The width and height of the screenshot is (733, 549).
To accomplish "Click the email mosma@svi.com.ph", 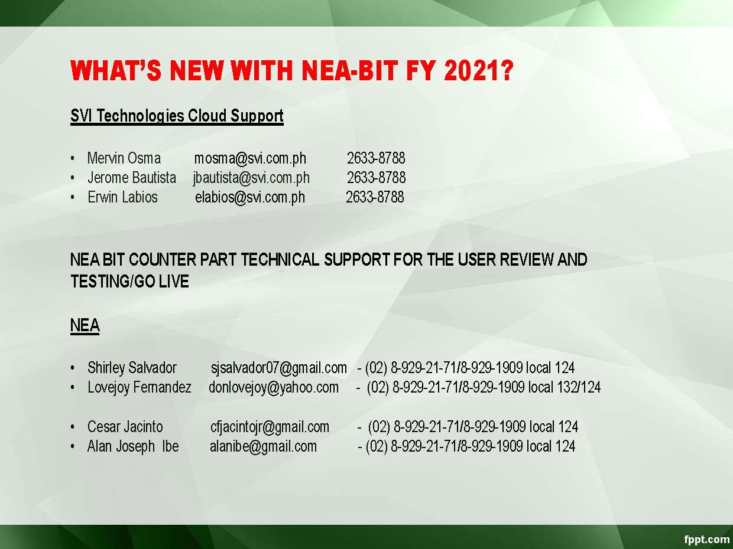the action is pos(250,159).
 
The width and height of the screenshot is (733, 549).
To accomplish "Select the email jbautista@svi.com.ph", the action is pos(251,178).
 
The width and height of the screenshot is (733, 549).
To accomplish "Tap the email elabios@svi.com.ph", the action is pos(250,198).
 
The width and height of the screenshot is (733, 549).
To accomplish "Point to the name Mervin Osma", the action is pos(124,158).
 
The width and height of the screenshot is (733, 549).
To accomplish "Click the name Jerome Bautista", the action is pos(132,178).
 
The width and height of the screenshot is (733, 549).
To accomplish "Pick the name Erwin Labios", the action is pos(122,197).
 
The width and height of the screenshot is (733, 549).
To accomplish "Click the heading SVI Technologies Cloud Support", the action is pos(177,116).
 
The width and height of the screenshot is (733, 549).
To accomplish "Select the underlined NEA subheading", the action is pos(85,325).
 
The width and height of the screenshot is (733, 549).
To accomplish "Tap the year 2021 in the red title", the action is pos(479,70).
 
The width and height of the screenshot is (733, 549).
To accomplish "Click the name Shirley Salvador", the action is pos(132,368).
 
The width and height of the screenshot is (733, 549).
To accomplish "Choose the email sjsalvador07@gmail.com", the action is pos(279,368).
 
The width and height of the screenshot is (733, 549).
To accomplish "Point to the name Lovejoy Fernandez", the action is pos(140,388).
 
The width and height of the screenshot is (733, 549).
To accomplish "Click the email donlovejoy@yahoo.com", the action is pos(274,388).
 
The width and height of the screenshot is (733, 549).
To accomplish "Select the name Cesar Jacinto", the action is pos(125,427).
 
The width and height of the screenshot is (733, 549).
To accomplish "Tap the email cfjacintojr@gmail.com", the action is pos(270,427).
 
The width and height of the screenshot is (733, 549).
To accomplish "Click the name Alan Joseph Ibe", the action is pos(133,447).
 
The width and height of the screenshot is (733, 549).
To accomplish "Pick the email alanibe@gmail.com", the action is pos(263,447).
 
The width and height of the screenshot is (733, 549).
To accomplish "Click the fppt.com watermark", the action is pos(707,539).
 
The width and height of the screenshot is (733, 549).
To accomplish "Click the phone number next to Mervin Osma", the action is pos(376,158).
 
